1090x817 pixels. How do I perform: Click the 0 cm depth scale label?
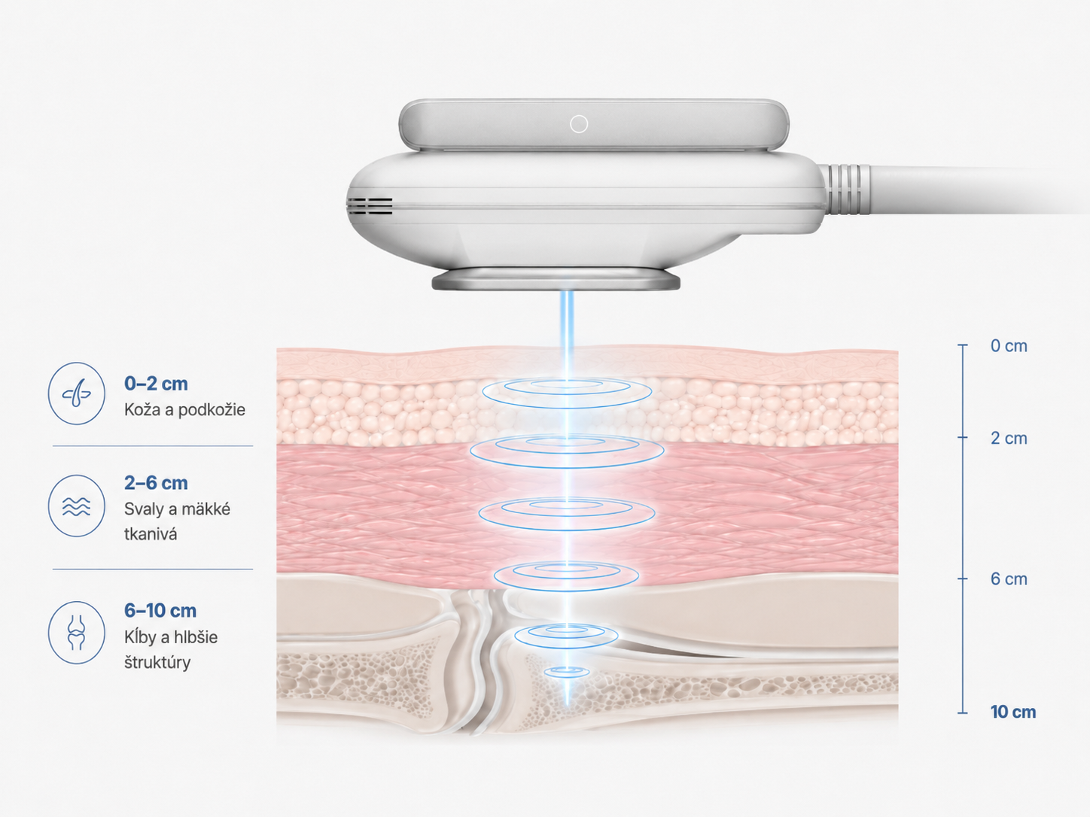[x=1009, y=346]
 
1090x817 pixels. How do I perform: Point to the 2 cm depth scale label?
[x=1009, y=438]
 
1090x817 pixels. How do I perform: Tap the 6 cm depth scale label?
[x=1009, y=579]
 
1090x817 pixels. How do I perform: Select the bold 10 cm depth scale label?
[x=1013, y=712]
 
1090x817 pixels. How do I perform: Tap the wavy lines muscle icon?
[x=77, y=506]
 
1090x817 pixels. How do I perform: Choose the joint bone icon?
[x=77, y=633]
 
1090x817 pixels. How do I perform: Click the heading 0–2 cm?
[x=156, y=384]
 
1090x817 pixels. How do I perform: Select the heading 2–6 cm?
[x=156, y=483]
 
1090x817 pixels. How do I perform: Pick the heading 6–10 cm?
[x=160, y=610]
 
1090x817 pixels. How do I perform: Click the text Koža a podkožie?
[x=184, y=410]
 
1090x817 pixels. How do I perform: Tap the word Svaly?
[x=142, y=509]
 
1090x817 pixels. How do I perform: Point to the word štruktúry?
[x=157, y=663]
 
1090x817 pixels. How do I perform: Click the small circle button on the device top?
[x=579, y=124]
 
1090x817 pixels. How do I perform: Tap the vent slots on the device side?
[x=370, y=206]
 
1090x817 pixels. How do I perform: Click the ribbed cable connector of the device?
[x=844, y=190]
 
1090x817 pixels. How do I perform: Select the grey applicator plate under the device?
[x=556, y=279]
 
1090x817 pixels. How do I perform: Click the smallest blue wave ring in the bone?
[x=567, y=672]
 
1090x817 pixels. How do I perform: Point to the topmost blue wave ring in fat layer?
[x=567, y=393]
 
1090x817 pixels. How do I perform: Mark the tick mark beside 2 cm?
[x=963, y=438]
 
